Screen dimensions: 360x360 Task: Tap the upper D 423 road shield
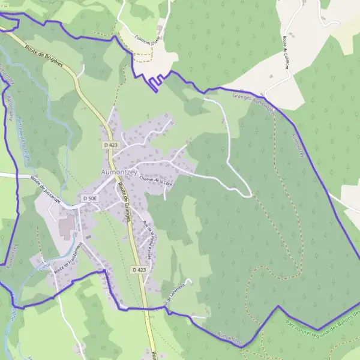point(110,145)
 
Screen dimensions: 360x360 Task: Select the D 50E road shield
point(90,198)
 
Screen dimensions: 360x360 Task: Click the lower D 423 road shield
point(138,271)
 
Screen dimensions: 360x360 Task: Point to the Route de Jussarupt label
point(46,191)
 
